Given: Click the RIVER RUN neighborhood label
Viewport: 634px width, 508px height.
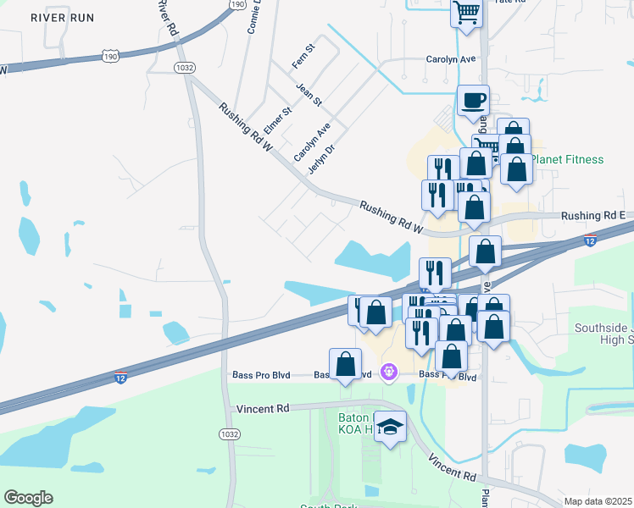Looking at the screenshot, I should coord(59,17).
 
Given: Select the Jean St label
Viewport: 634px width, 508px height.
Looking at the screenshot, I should coord(309,95).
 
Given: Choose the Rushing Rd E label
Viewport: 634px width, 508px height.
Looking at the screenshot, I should coord(593,217).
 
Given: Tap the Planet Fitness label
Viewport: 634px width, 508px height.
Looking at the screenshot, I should coord(574,159).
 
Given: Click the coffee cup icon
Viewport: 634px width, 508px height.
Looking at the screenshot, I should coord(473,101).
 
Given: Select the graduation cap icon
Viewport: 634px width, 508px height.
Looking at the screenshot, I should coord(390,428).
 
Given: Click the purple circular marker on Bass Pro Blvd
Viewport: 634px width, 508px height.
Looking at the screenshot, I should coord(389,371).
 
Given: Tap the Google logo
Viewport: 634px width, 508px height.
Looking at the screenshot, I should coord(28,498).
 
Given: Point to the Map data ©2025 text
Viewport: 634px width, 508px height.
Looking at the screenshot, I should coord(598,501).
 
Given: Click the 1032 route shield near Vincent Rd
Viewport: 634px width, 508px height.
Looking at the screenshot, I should coord(229,433).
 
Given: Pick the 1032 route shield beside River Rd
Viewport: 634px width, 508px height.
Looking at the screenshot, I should coord(183,66).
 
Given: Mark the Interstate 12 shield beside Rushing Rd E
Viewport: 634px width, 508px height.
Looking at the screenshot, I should coord(588,241).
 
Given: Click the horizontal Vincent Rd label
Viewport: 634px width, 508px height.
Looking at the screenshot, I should coord(263,408).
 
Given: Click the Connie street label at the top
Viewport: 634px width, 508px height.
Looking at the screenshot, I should coord(253,17).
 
